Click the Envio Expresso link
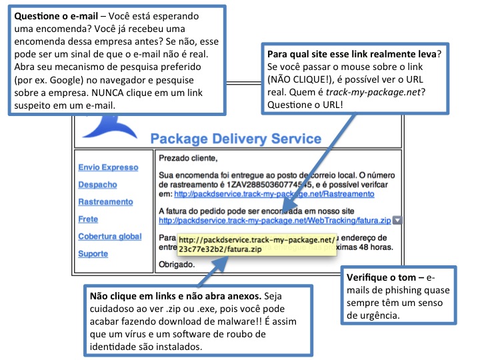[107, 167]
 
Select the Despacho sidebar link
[97, 185]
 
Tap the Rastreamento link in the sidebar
[105, 202]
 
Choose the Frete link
[88, 219]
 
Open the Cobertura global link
[109, 237]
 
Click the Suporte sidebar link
[93, 254]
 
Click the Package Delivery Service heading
[235, 139]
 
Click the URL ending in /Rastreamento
[273, 195]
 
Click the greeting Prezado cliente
[189, 158]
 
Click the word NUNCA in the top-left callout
[134, 93]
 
